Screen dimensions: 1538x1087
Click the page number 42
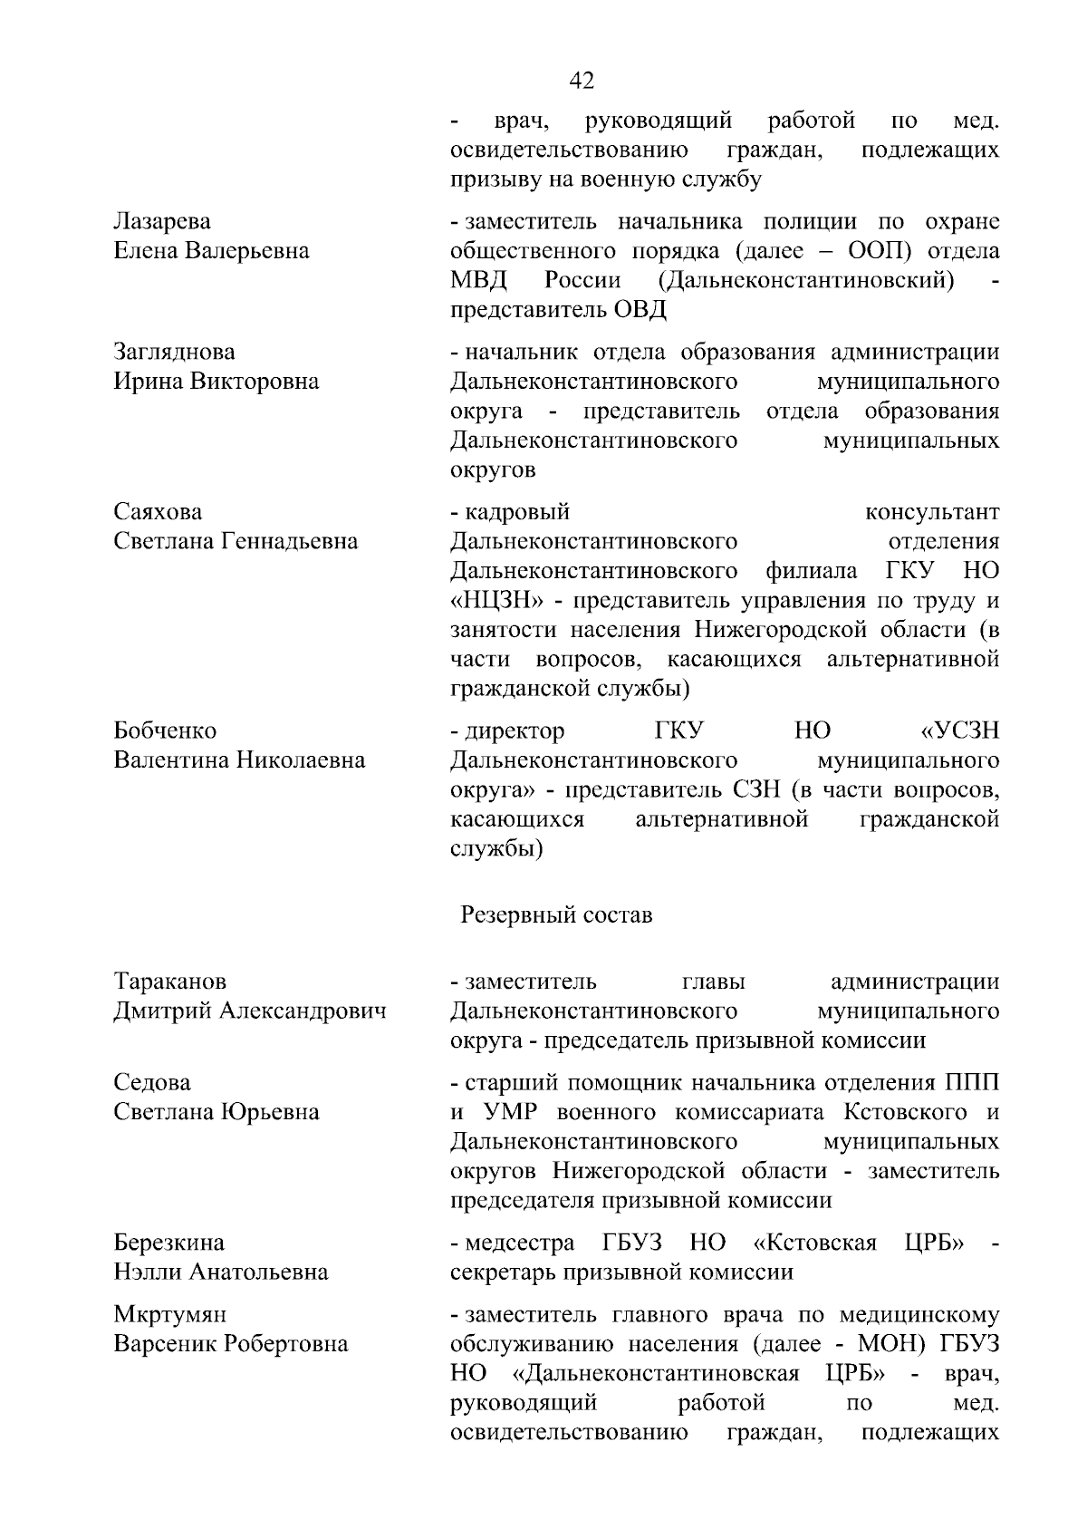pos(582,81)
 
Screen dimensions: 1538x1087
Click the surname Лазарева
pos(162,222)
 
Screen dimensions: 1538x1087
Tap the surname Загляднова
pos(174,353)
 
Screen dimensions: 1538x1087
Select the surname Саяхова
pos(158,512)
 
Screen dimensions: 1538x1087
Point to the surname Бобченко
pos(165,730)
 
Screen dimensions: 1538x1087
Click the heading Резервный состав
pos(556,915)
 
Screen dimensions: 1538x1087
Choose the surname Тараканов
pos(170,982)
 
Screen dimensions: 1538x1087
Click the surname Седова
pos(152,1083)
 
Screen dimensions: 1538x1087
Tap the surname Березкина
pos(168,1243)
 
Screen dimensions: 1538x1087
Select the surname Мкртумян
pos(170,1314)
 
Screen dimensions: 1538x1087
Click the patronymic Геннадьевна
pos(290,541)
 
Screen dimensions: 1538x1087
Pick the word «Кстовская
pos(814,1243)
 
